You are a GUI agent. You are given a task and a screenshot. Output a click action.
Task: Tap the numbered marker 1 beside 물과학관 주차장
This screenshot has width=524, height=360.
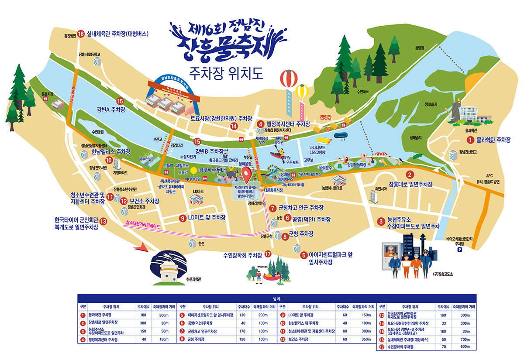(470, 140)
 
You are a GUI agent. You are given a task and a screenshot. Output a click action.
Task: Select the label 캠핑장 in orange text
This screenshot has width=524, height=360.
(326, 117)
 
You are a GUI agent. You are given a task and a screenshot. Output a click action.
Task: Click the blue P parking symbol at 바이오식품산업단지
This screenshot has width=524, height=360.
(459, 250)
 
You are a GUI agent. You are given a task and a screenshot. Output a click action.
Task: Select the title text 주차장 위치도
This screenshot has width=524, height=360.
(226, 73)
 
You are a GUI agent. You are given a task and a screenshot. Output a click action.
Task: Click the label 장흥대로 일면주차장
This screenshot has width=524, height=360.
(410, 184)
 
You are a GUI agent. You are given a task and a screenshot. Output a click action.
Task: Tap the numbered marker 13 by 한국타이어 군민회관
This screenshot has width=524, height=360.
(103, 221)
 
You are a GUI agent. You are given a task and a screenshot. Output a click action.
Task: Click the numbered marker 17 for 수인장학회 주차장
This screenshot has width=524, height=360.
(268, 254)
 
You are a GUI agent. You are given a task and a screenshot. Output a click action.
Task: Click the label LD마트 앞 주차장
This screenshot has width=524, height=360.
(207, 217)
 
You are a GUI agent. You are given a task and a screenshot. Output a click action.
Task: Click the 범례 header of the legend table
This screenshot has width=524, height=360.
(276, 299)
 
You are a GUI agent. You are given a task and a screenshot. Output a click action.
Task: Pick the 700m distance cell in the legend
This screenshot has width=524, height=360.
(464, 339)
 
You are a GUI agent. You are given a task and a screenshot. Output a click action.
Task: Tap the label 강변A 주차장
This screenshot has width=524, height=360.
(111, 110)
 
